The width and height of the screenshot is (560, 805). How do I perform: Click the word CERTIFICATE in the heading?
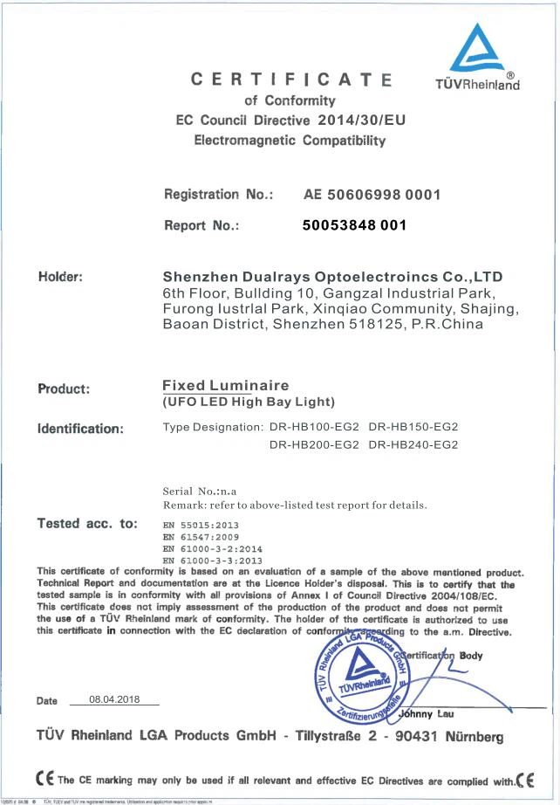pyautogui.click(x=292, y=81)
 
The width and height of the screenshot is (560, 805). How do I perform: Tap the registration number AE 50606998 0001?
pyautogui.click(x=372, y=195)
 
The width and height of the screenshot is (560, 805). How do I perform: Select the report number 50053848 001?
pyautogui.click(x=354, y=225)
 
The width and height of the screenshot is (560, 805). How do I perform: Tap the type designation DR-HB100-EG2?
pyautogui.click(x=310, y=427)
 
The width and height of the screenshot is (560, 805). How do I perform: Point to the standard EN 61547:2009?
pyautogui.click(x=200, y=539)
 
